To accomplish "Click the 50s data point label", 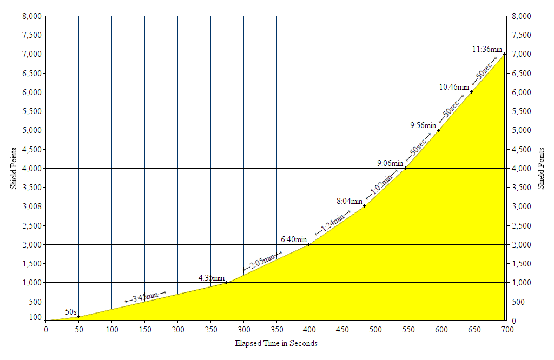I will coord(71,312).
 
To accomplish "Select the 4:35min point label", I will coord(208,278).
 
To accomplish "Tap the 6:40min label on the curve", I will coord(294,239).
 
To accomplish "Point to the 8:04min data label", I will coord(349,201).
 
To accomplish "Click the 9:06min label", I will coord(390,163).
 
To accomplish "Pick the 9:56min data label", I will coord(424,125).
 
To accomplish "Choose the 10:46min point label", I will coord(454,87).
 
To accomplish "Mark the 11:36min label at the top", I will coord(487,49).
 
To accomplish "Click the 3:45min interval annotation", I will coord(146,296).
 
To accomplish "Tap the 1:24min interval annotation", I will coord(330,224).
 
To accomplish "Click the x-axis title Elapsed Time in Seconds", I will coord(276,343).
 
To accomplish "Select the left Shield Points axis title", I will coord(15,168).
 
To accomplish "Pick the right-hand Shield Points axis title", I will coord(541,168).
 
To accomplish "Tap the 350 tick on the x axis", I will coord(276,329).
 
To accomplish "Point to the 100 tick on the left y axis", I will coord(36,317).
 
